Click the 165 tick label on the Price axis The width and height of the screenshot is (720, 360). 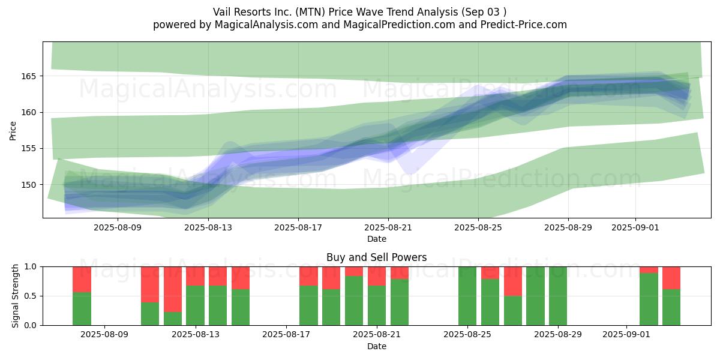[x=29, y=77]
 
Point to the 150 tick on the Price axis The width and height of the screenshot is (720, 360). [x=29, y=185]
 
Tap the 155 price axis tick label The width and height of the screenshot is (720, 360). [x=29, y=149]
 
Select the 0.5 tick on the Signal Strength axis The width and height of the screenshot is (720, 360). [x=31, y=296]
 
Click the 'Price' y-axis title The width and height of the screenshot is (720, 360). [x=13, y=131]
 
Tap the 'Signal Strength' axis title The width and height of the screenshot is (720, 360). [x=15, y=296]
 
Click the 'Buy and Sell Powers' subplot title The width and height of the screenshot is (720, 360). [x=376, y=257]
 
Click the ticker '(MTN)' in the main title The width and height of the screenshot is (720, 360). [x=310, y=12]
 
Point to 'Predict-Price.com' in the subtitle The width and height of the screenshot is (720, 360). [x=524, y=25]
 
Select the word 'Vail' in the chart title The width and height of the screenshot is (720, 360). [x=221, y=12]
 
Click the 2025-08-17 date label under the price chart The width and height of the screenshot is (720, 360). [x=298, y=227]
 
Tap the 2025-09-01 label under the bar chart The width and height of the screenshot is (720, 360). [x=626, y=335]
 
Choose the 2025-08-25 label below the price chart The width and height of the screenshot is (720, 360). [x=478, y=227]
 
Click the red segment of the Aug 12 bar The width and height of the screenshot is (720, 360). [x=173, y=289]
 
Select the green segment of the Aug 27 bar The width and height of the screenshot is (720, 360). [x=513, y=311]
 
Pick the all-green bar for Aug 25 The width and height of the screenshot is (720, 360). [x=467, y=296]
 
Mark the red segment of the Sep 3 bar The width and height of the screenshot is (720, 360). [x=671, y=278]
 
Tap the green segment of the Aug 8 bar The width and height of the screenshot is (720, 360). [x=82, y=308]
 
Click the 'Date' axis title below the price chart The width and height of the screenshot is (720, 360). [x=377, y=239]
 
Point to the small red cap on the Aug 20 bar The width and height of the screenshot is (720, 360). [x=354, y=271]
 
